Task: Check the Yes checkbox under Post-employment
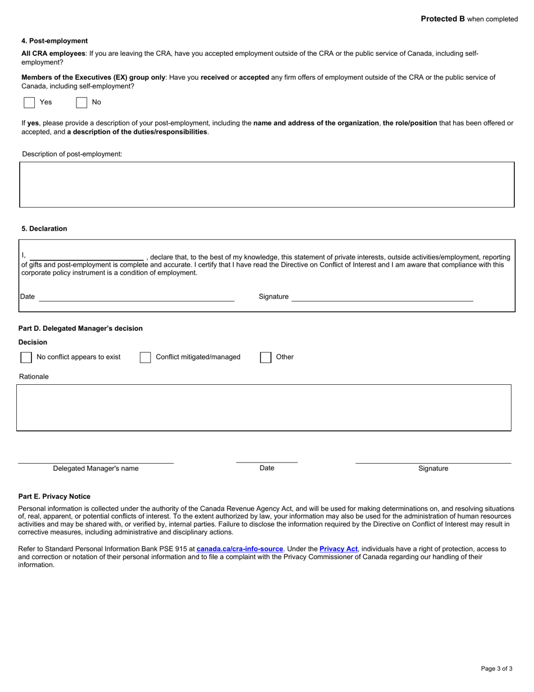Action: coord(29,102)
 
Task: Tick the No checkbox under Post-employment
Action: coord(82,102)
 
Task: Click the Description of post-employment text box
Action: coord(267,185)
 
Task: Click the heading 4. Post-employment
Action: coord(55,41)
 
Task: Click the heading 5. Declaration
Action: coord(44,229)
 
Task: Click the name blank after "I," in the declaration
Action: coord(87,257)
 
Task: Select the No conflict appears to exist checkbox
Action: coord(26,357)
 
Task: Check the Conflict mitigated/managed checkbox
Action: coord(145,357)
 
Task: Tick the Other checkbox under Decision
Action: coord(266,357)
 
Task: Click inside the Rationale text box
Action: coord(264,408)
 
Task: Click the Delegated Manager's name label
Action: coord(96,469)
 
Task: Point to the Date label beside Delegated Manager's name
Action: coord(267,468)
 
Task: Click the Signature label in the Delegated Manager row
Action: coord(433,469)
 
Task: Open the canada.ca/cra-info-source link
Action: coord(239,549)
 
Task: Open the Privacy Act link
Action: coord(338,549)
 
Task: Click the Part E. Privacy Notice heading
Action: coord(54,497)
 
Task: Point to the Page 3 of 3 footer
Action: coord(496,669)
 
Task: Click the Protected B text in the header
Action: coord(443,19)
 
